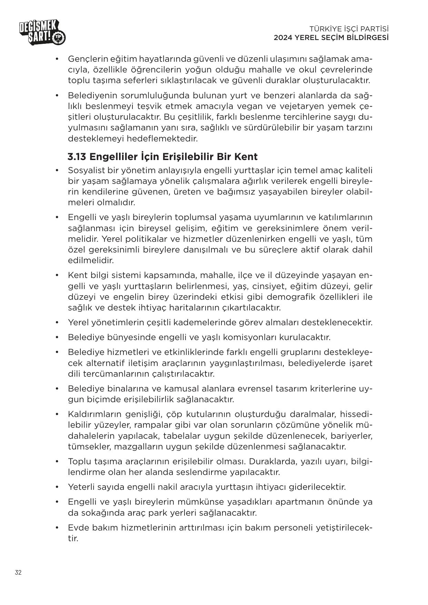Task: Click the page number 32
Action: tap(18, 572)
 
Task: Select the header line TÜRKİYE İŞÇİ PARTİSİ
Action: tap(349, 29)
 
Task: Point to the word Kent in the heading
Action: tap(246, 157)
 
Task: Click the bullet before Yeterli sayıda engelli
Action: tap(57, 487)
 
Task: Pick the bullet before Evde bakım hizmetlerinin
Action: tap(57, 528)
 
